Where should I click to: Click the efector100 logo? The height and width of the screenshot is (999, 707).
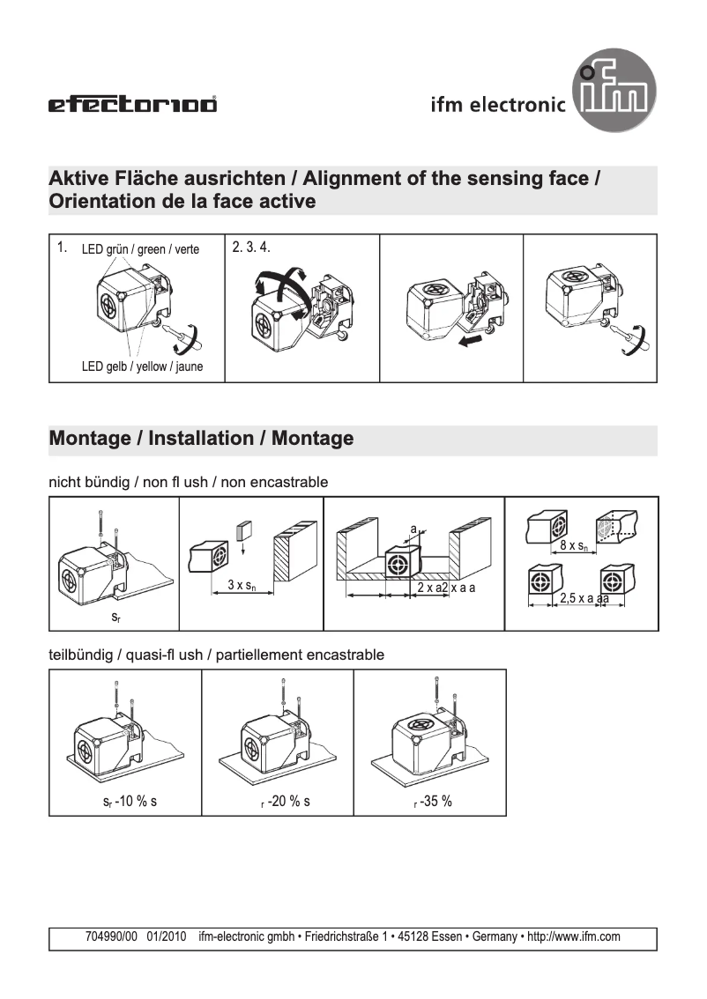coord(132,106)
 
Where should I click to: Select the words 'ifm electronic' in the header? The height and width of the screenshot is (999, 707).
coord(497,106)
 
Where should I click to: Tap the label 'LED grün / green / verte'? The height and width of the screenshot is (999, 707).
coord(140,249)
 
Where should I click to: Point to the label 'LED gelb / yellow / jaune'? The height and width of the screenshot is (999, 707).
coord(142,366)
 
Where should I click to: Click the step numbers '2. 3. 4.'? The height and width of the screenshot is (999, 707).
coord(251,248)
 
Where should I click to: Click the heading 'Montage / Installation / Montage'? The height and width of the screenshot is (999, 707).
coord(202,439)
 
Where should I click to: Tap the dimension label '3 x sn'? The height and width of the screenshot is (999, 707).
coord(242,585)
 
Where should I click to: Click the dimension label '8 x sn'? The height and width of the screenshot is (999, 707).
coord(574,546)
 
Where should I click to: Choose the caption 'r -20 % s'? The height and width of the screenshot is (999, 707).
coord(278,802)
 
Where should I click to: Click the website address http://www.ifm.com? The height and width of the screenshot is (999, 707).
coord(573,937)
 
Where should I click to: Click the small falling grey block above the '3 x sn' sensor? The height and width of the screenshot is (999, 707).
coord(245,530)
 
